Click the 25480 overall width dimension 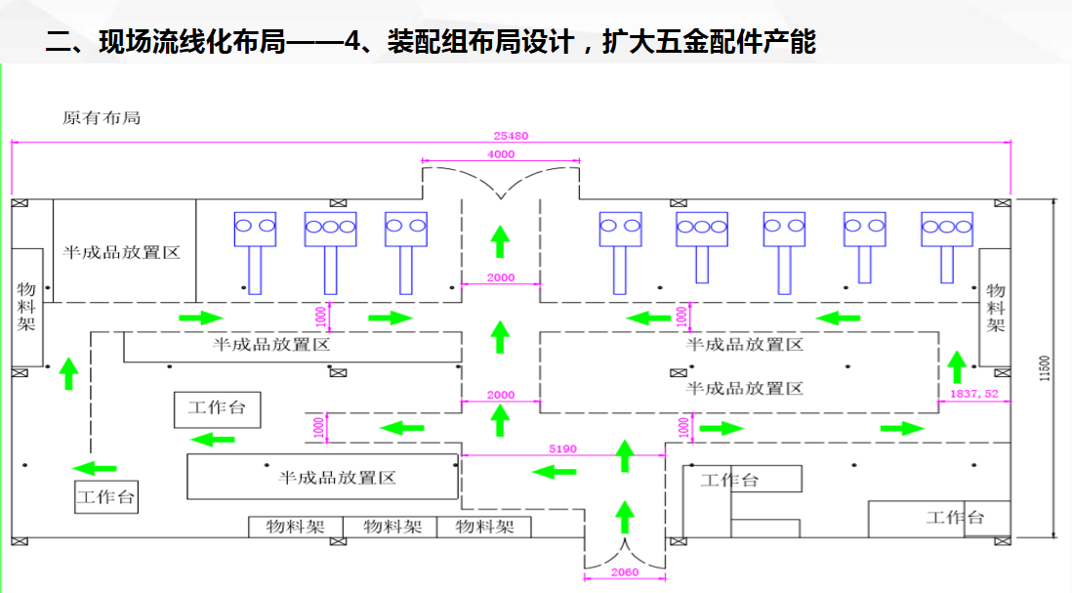pyautogui.click(x=511, y=136)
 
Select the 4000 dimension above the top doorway pyautogui.click(x=500, y=154)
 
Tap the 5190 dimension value pyautogui.click(x=562, y=449)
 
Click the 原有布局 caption pyautogui.click(x=102, y=117)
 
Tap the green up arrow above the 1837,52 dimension pyautogui.click(x=957, y=366)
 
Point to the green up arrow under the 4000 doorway pyautogui.click(x=500, y=240)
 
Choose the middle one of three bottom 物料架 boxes pyautogui.click(x=392, y=527)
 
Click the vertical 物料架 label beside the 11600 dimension pyautogui.click(x=996, y=308)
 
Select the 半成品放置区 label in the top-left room pyautogui.click(x=123, y=252)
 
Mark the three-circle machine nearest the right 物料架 pyautogui.click(x=947, y=227)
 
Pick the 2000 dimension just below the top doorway pyautogui.click(x=500, y=277)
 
